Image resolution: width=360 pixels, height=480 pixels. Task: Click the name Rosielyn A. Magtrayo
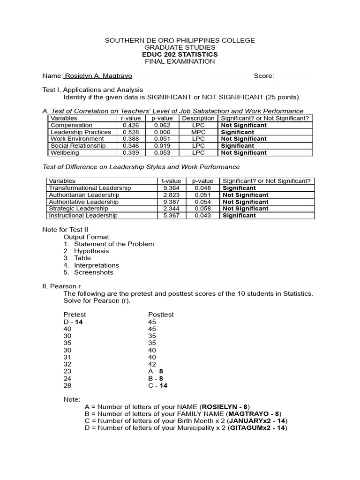pos(98,76)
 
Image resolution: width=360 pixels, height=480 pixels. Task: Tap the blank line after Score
pos(294,76)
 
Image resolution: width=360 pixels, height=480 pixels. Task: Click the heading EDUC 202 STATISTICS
pos(180,54)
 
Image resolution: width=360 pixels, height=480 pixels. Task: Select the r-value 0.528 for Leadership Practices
pos(131,132)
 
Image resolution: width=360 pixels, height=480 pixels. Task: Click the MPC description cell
pos(198,132)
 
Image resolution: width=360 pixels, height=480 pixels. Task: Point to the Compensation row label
pos(71,125)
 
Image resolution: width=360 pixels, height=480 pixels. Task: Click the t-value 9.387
pos(171,202)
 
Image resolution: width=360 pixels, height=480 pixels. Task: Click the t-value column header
pos(171,181)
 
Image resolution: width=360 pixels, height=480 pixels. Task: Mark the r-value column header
pos(131,119)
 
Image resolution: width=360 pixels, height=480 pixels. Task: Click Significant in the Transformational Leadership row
pos(239,188)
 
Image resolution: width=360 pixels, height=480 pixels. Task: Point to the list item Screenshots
pos(93,272)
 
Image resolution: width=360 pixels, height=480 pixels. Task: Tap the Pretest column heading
pos(75,315)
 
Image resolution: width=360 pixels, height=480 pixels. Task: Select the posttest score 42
pos(152,364)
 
